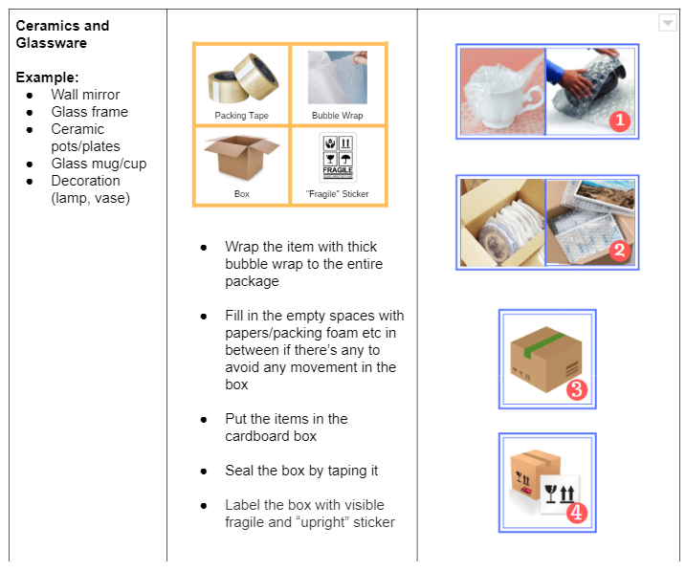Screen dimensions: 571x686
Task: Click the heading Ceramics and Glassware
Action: pos(62,33)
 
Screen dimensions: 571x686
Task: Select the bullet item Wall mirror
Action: pos(85,95)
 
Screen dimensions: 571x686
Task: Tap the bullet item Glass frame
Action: pos(89,112)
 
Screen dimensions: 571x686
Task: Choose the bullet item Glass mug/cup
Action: pos(99,164)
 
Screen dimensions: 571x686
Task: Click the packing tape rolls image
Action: pos(241,79)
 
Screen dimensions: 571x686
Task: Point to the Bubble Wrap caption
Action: pos(338,116)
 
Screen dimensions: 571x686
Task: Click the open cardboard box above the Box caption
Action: pos(241,158)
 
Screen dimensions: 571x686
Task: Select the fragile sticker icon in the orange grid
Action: pos(338,156)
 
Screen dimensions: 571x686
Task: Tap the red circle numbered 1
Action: pos(619,120)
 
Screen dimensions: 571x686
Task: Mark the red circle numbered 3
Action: pos(576,389)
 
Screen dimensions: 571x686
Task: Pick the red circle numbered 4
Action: pos(576,513)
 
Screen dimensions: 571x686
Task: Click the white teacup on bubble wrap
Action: pos(501,91)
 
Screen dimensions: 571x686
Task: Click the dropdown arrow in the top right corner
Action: pos(667,23)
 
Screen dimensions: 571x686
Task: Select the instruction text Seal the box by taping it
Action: pos(301,471)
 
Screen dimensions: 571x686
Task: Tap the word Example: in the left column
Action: pos(47,77)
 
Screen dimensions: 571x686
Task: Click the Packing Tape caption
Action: pos(241,116)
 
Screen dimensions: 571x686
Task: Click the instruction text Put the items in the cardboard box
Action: pos(287,428)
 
